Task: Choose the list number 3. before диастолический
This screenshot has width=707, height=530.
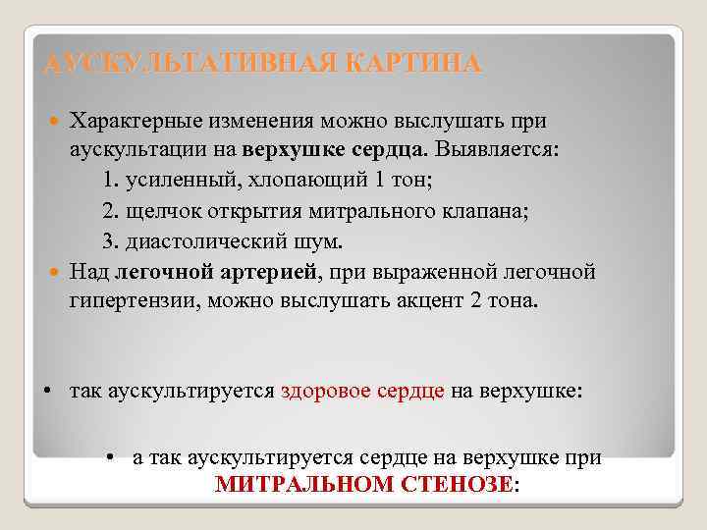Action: pyautogui.click(x=111, y=241)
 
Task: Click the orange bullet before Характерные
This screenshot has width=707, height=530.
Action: pyautogui.click(x=56, y=121)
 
